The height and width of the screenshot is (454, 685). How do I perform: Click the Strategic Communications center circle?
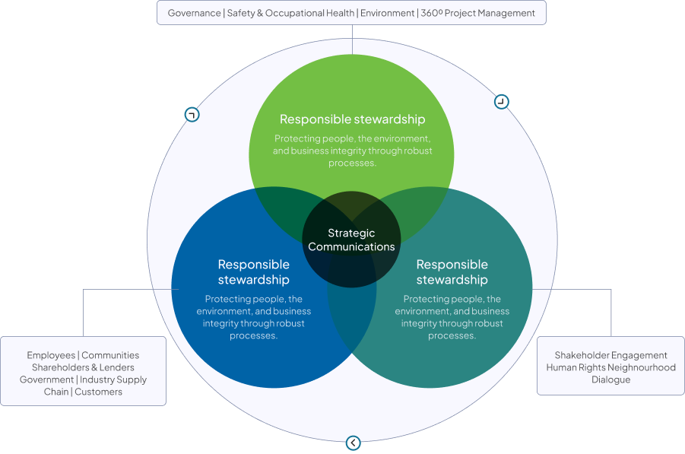(x=351, y=240)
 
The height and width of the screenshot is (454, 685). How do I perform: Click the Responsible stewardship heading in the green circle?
(x=352, y=119)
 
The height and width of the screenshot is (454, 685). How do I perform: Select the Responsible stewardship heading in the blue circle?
(x=253, y=271)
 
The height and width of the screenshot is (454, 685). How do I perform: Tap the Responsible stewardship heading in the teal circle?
(x=452, y=271)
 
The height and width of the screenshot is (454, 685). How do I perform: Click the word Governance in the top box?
(x=194, y=13)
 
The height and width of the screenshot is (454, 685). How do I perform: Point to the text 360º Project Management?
(x=477, y=13)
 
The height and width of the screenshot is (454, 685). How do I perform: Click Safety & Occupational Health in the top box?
(x=290, y=13)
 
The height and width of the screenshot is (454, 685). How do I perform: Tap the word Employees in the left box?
(x=51, y=355)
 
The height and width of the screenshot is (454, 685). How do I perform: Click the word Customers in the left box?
(x=98, y=392)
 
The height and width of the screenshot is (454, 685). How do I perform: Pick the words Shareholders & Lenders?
(x=83, y=367)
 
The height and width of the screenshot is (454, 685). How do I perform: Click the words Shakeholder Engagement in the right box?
(x=610, y=355)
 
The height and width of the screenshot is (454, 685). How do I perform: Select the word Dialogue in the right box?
(x=610, y=379)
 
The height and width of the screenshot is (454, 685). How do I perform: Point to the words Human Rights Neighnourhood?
(x=610, y=367)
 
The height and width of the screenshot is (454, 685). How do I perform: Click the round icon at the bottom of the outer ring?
(x=353, y=443)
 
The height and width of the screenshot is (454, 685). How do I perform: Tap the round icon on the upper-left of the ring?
(x=192, y=115)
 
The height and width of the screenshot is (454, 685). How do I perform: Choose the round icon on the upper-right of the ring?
(x=501, y=101)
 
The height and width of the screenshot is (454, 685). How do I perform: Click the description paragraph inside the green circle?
(x=352, y=151)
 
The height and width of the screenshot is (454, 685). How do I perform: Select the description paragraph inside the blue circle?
(x=253, y=317)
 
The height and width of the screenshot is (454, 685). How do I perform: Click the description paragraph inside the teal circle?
(x=452, y=317)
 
